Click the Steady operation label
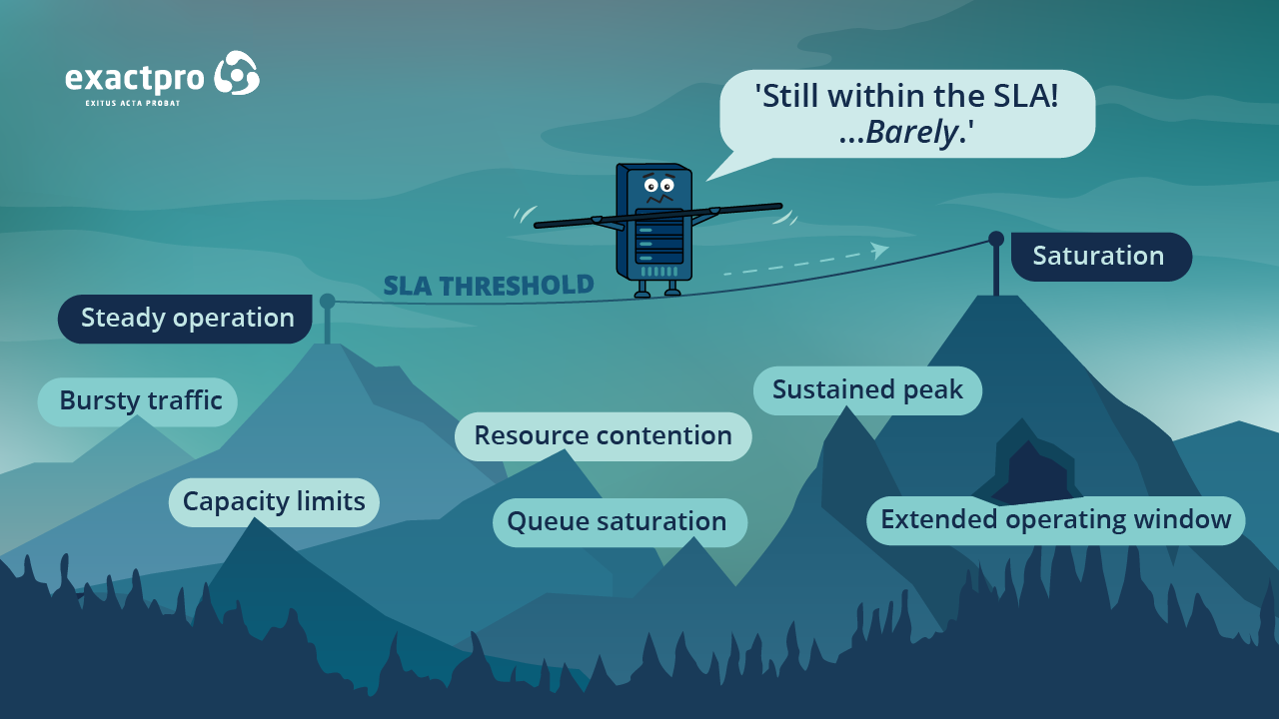click(186, 319)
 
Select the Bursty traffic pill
click(139, 401)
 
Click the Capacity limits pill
click(274, 501)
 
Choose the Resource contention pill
click(603, 436)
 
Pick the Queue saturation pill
click(619, 522)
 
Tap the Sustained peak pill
click(867, 389)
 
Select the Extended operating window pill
click(1055, 520)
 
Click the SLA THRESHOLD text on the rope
click(489, 286)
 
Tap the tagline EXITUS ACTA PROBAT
click(133, 103)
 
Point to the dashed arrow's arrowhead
click(879, 250)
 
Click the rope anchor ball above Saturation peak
click(995, 239)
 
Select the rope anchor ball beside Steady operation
click(327, 301)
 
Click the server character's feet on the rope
click(656, 293)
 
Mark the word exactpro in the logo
click(135, 78)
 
